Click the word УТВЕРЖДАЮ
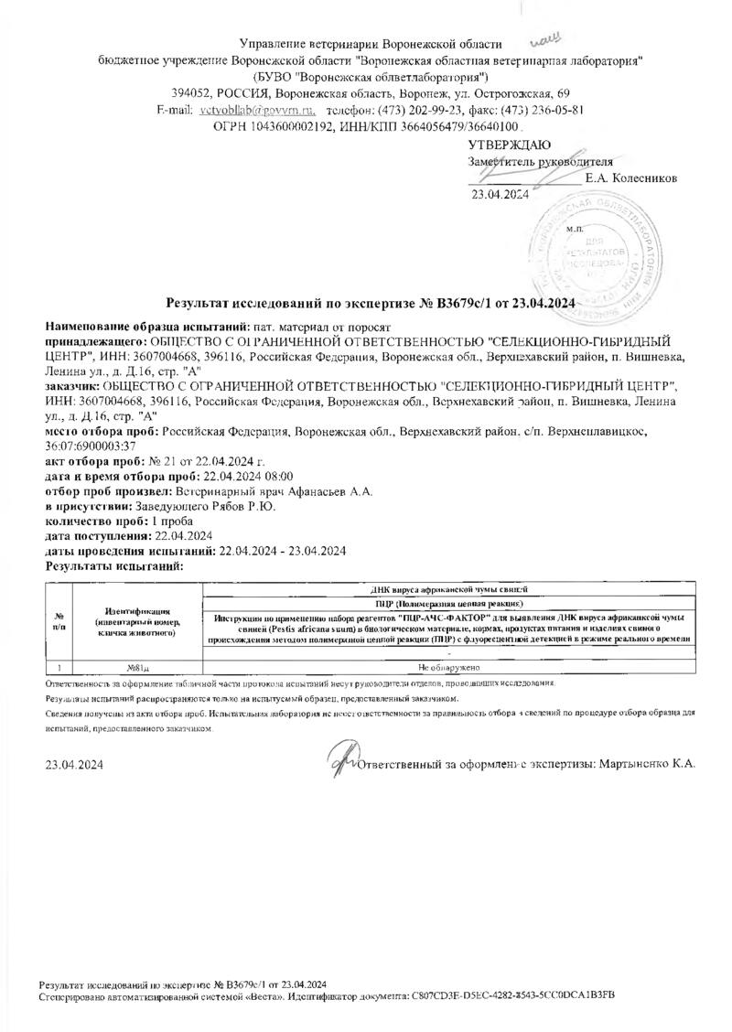(x=509, y=145)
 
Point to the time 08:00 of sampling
(x=274, y=477)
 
